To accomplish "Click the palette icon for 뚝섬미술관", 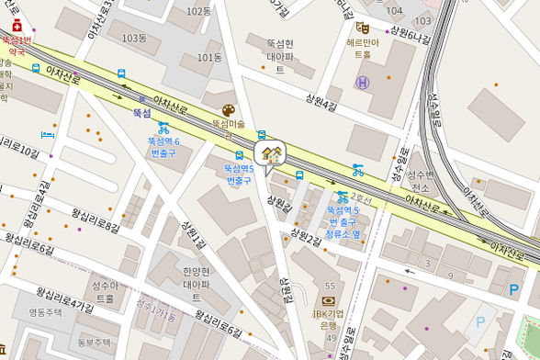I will [x=228, y=110].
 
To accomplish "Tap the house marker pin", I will [x=270, y=154].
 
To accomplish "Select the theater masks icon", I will [x=363, y=28].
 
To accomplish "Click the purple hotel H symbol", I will [x=363, y=83].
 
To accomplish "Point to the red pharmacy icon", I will [x=17, y=26].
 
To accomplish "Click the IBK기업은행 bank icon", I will [x=330, y=300].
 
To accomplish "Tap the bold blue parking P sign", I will [x=512, y=290].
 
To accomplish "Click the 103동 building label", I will [x=134, y=38].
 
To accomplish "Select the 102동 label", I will [x=198, y=11].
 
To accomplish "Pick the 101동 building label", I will [x=210, y=57].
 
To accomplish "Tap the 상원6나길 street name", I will [x=409, y=33].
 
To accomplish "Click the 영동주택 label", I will [x=45, y=312].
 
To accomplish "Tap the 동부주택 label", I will [x=93, y=343].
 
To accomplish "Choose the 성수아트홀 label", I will [x=106, y=292].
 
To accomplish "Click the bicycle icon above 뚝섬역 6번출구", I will [x=163, y=128].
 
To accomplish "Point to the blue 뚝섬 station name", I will [x=141, y=112].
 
